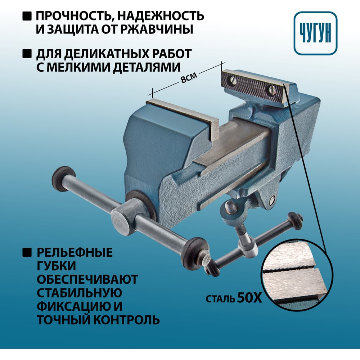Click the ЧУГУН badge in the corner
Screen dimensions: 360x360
(315, 33)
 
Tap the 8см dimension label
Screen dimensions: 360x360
(189, 78)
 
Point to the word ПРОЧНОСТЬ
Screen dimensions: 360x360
(75, 16)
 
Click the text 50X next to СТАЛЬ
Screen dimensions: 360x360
(249, 298)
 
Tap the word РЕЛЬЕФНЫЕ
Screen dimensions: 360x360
(75, 252)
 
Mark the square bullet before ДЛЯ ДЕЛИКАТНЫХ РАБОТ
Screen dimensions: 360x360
(27, 54)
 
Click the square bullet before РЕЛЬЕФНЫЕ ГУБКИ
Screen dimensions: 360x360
(27, 252)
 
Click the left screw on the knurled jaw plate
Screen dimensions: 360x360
(232, 80)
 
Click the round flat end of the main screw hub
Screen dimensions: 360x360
(120, 221)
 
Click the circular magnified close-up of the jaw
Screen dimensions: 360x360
(297, 274)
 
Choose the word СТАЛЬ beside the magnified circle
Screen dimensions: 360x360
(220, 299)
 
